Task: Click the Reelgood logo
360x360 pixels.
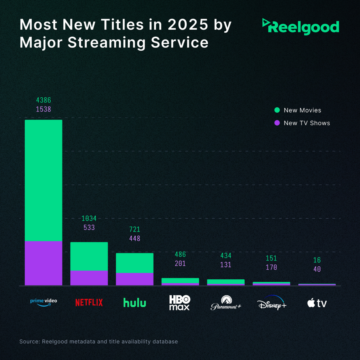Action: tap(301, 27)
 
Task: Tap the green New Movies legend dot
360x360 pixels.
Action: tap(277, 110)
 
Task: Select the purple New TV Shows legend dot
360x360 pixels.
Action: tap(277, 123)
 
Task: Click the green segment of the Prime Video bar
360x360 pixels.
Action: tap(43, 180)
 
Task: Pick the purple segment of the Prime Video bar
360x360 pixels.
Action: tap(43, 263)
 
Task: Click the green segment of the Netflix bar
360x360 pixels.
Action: tap(89, 256)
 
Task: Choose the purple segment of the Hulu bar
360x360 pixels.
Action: tap(134, 279)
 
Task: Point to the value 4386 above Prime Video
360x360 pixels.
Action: tap(43, 100)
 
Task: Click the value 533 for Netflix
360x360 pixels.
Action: tap(89, 228)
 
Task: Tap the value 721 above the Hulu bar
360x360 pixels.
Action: tap(134, 230)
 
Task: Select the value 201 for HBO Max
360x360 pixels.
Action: tap(180, 264)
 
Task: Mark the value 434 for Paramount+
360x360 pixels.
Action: tap(226, 256)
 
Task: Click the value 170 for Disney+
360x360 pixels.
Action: tap(271, 268)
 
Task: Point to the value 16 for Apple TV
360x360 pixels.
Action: tap(317, 260)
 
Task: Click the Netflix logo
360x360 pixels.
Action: tap(89, 302)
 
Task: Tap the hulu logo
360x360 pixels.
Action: tap(134, 303)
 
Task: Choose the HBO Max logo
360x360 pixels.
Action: tap(179, 303)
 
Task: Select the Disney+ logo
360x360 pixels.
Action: tap(272, 303)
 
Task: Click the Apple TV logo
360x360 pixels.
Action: tap(317, 303)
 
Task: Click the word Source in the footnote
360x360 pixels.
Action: tap(29, 342)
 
